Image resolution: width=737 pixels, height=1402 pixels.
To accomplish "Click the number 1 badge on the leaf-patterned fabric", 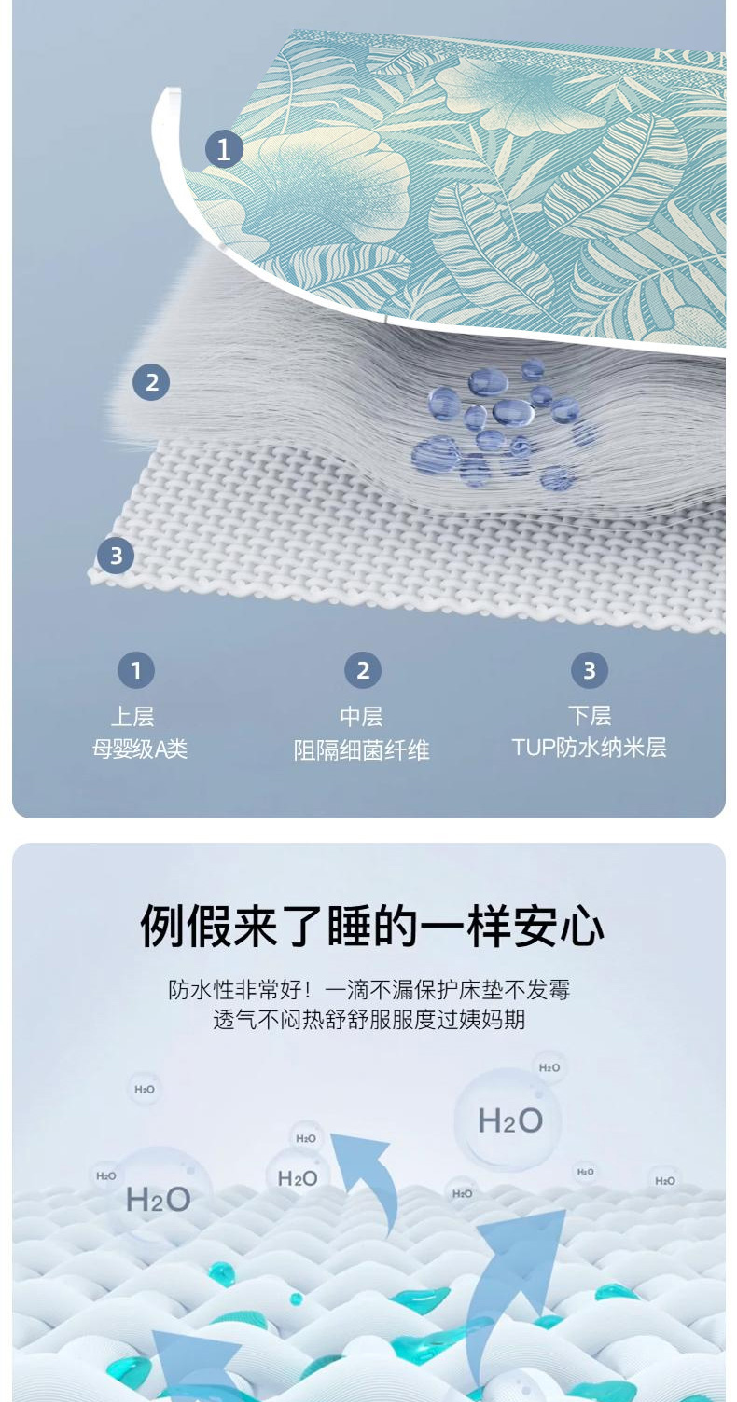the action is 224,149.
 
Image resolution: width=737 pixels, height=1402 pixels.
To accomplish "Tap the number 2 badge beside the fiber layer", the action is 151,382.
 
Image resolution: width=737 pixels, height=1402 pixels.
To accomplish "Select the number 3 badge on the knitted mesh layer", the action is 116,556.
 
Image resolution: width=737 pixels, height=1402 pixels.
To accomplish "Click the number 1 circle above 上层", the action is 136,670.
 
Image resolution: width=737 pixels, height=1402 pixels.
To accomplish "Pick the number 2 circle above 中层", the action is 363,670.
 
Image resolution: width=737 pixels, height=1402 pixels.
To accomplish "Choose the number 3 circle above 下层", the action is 590,670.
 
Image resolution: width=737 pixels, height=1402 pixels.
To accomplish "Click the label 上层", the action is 132,716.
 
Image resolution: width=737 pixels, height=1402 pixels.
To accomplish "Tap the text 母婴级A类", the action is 140,749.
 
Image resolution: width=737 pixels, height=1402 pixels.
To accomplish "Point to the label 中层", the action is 361,716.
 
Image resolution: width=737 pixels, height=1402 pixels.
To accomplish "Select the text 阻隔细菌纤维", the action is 362,749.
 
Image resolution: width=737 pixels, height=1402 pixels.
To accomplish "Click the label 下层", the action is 590,715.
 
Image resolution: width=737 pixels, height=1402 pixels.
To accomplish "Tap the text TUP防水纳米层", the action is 590,748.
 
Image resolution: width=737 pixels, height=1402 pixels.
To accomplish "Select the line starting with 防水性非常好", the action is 368,990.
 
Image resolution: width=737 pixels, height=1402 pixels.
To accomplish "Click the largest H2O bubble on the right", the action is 508,1120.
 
